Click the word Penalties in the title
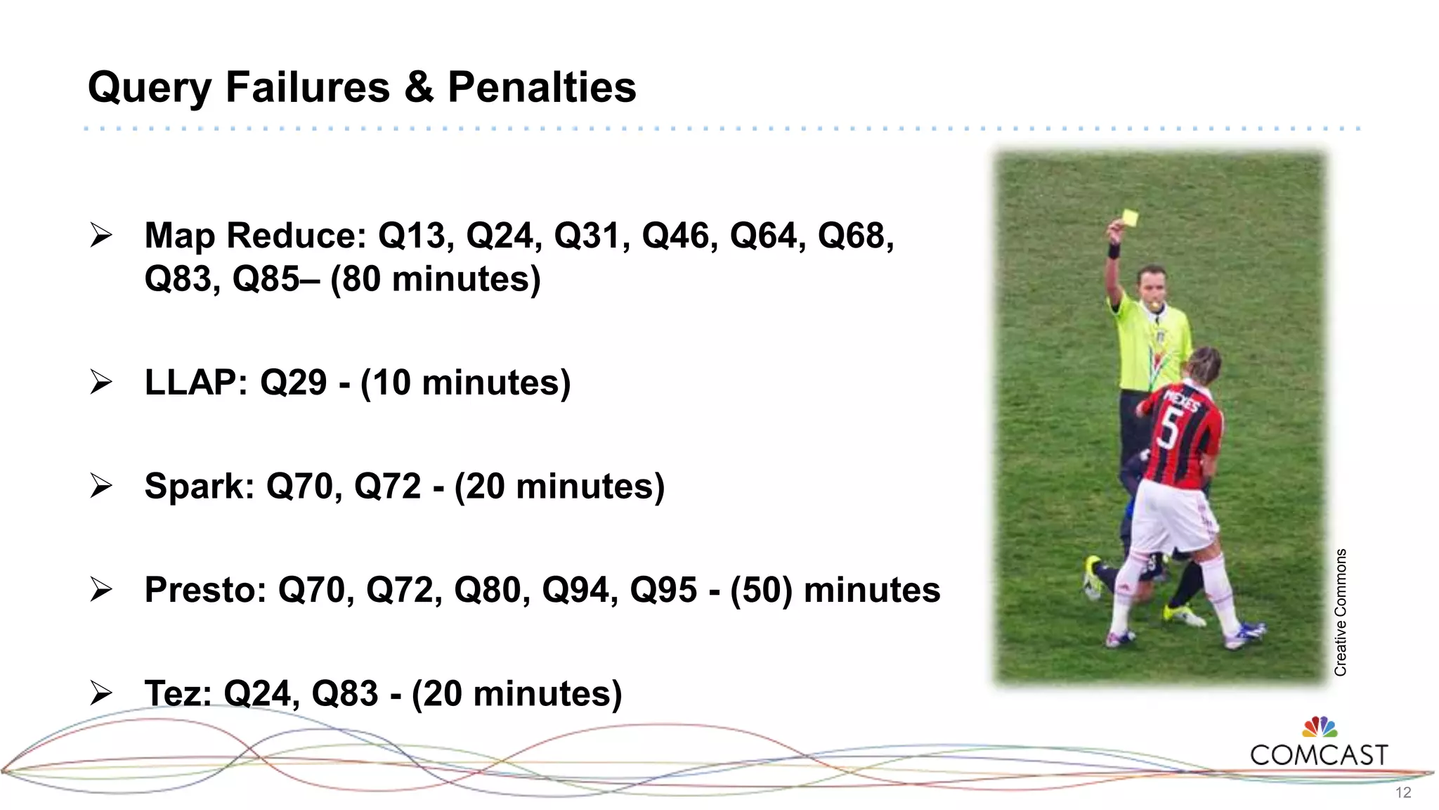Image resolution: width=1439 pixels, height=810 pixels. [x=542, y=88]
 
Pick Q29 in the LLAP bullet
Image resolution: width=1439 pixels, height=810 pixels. [x=294, y=383]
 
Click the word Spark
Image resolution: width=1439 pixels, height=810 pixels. [x=199, y=487]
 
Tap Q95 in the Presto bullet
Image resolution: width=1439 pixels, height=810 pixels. [x=663, y=590]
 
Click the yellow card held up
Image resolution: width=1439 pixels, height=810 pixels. [x=1130, y=218]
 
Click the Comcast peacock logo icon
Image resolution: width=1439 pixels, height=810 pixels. [x=1320, y=727]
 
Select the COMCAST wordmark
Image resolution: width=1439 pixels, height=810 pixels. [x=1319, y=756]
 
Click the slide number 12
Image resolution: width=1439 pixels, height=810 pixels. [x=1403, y=793]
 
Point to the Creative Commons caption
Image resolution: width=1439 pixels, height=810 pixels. [x=1341, y=612]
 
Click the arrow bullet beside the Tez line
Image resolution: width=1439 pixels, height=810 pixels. [x=101, y=693]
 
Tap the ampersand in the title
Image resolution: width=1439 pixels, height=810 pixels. [x=419, y=88]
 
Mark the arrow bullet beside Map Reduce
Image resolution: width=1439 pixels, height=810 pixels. [x=101, y=236]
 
